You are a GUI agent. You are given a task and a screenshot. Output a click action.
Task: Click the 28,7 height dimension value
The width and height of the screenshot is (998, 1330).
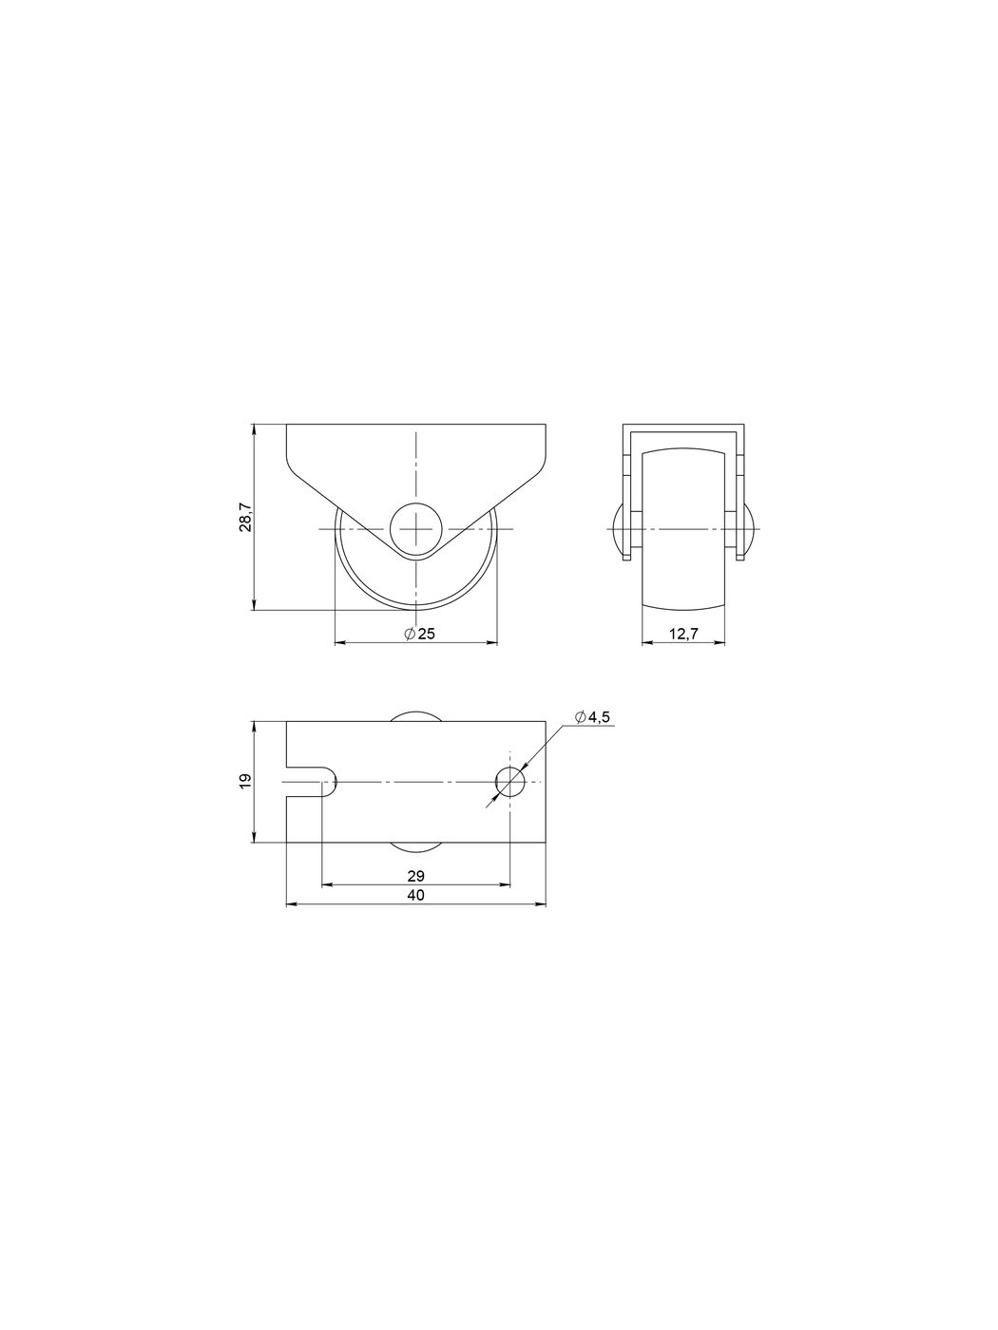pos(245,517)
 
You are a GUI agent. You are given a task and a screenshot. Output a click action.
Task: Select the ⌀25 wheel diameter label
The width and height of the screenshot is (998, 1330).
pos(419,634)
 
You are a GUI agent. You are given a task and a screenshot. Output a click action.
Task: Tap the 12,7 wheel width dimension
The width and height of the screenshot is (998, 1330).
pos(683,634)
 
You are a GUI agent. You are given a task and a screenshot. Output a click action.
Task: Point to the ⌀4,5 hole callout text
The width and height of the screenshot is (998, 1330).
pos(593,717)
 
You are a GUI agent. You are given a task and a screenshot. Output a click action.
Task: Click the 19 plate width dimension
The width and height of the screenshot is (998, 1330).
pos(245,781)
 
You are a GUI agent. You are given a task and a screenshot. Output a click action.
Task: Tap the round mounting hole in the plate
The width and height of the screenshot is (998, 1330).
pos(510,782)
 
